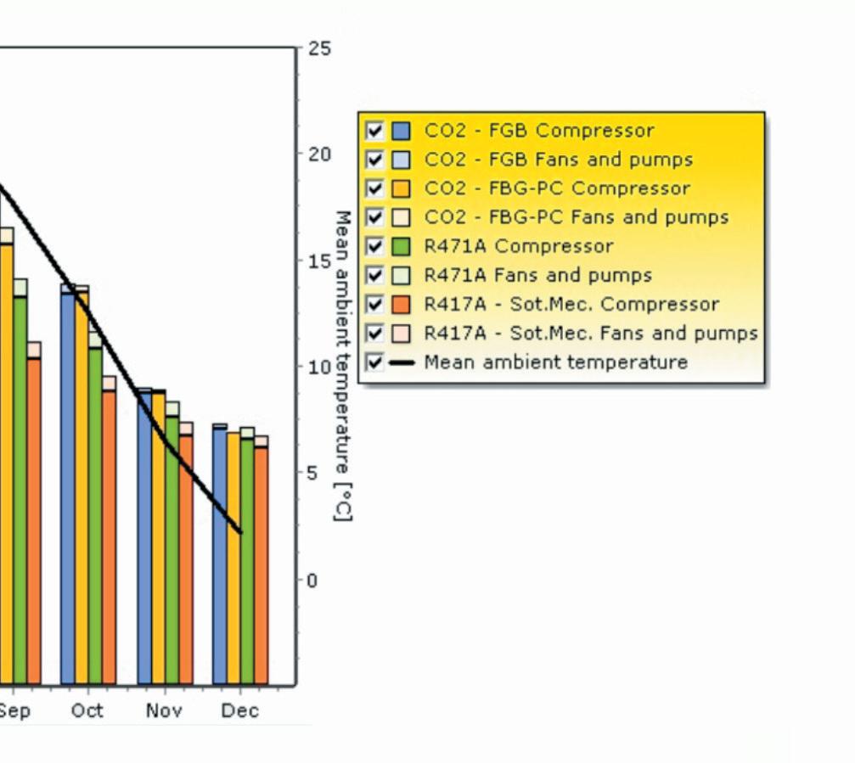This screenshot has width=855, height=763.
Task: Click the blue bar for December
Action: tap(220, 553)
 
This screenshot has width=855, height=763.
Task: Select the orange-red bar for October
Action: tap(109, 530)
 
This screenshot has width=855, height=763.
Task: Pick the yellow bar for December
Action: tap(233, 558)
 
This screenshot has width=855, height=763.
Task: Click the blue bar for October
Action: tap(68, 484)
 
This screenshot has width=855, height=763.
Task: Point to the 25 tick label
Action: tap(319, 48)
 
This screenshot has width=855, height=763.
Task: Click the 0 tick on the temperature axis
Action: tap(312, 581)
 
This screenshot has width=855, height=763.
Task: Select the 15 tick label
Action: tap(319, 261)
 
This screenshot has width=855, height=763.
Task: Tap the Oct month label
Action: tap(87, 710)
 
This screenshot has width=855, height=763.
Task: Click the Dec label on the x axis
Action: tap(240, 710)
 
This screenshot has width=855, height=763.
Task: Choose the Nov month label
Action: tap(164, 710)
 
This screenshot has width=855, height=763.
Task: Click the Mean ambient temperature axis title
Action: tap(342, 366)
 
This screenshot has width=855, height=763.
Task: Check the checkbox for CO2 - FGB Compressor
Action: tap(374, 131)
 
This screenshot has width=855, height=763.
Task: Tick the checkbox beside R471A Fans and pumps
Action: tap(374, 275)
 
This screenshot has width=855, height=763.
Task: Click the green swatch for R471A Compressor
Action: tap(401, 246)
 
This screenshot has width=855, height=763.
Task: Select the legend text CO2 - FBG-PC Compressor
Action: tap(557, 188)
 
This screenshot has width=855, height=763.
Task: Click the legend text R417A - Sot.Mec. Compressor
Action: tap(571, 304)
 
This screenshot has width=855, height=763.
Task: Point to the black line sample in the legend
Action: tap(402, 362)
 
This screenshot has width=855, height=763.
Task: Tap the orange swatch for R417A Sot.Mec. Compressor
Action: tap(401, 304)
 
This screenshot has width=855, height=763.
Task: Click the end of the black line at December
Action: tap(240, 532)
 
